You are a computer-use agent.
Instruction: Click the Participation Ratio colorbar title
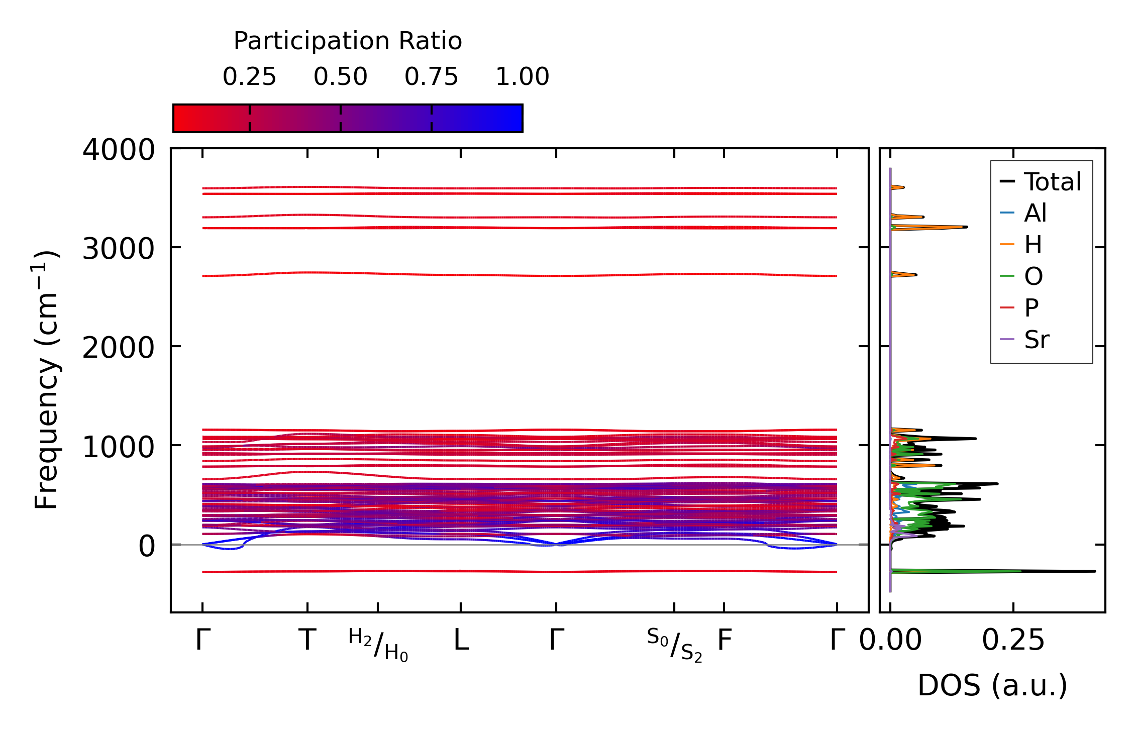tap(348, 41)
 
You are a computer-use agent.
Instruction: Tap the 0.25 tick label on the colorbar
tap(249, 77)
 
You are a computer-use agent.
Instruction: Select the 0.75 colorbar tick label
tap(431, 77)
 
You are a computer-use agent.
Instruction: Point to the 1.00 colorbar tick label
tap(522, 77)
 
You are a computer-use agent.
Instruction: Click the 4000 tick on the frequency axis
tap(119, 150)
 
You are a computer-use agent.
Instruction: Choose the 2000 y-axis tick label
tap(119, 348)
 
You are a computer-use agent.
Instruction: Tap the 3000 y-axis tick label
tap(119, 249)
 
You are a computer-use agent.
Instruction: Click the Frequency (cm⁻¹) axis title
tap(46, 380)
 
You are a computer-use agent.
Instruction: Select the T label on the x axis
tap(307, 641)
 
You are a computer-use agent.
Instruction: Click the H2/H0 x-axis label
tap(378, 645)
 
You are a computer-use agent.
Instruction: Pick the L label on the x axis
tap(461, 641)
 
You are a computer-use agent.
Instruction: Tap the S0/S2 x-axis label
tap(674, 645)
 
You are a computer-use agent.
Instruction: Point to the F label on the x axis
tap(724, 641)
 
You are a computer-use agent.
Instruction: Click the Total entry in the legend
tap(1052, 182)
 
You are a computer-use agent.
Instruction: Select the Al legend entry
tap(1035, 214)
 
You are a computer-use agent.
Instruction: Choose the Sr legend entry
tap(1037, 340)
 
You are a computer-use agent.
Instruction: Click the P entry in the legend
tap(1031, 308)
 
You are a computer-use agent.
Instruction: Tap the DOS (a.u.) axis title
tap(992, 686)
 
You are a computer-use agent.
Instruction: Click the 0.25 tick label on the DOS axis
tap(1013, 641)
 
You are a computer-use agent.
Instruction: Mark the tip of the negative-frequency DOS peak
tap(1094, 571)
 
